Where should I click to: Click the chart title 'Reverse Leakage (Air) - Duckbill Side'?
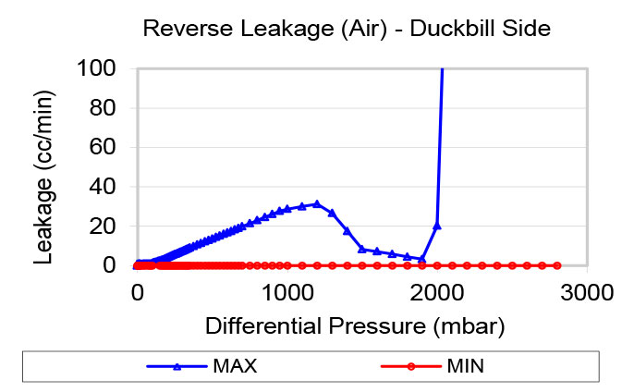point(347,29)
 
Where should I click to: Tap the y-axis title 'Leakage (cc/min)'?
point(43,166)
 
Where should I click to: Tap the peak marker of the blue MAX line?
point(317,203)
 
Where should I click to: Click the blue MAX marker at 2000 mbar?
point(437,225)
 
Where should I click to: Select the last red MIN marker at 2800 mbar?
point(557,265)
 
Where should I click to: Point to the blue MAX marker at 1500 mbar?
point(362,249)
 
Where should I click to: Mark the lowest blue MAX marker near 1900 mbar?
point(422,259)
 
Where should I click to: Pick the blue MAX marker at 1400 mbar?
point(347,230)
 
